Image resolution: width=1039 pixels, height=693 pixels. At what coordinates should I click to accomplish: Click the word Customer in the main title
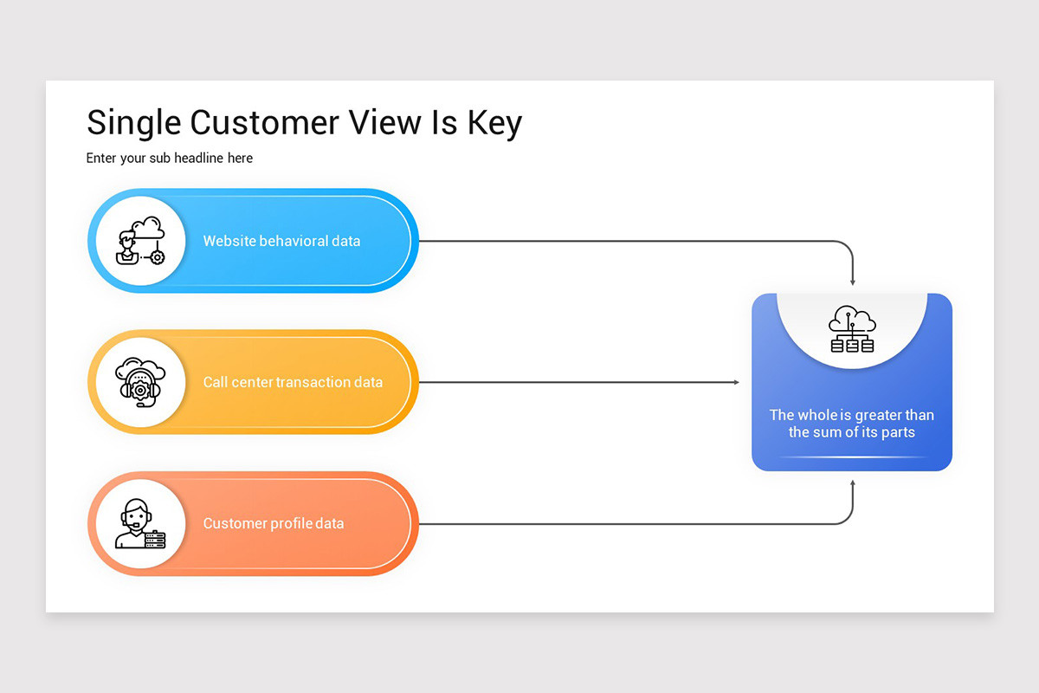click(x=264, y=122)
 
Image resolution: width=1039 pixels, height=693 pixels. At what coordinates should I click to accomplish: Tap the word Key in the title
click(x=494, y=124)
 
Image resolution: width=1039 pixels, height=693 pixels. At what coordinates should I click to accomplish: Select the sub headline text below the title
click(x=170, y=159)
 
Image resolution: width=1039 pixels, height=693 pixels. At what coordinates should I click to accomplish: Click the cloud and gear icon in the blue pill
click(x=140, y=241)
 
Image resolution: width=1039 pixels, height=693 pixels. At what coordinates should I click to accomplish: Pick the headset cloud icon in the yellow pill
click(x=140, y=382)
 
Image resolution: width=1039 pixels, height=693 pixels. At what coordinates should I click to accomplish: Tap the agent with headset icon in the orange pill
click(x=140, y=523)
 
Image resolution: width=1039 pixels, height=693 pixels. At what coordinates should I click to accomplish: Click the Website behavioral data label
click(x=281, y=241)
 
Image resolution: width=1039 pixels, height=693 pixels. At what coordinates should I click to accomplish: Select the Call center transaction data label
click(x=293, y=382)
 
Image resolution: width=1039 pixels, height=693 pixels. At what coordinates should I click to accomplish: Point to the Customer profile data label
click(x=274, y=523)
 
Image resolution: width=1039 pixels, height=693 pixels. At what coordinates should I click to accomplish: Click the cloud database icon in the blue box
click(x=852, y=330)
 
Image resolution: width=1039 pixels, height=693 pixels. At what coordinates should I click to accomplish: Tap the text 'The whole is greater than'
click(x=852, y=415)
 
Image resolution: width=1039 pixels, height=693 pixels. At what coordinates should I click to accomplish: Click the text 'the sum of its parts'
click(x=852, y=432)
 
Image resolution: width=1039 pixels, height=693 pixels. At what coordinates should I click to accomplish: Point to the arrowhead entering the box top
click(x=853, y=282)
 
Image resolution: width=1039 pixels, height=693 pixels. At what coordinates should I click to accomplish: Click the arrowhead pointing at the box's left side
click(x=736, y=382)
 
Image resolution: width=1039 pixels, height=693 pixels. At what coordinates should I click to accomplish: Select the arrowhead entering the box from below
click(x=853, y=483)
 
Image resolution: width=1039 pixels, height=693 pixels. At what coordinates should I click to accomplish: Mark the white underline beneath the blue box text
click(x=852, y=457)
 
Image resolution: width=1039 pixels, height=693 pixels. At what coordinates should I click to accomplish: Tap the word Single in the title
click(x=134, y=124)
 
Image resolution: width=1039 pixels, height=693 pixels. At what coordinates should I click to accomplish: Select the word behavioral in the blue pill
click(x=294, y=241)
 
